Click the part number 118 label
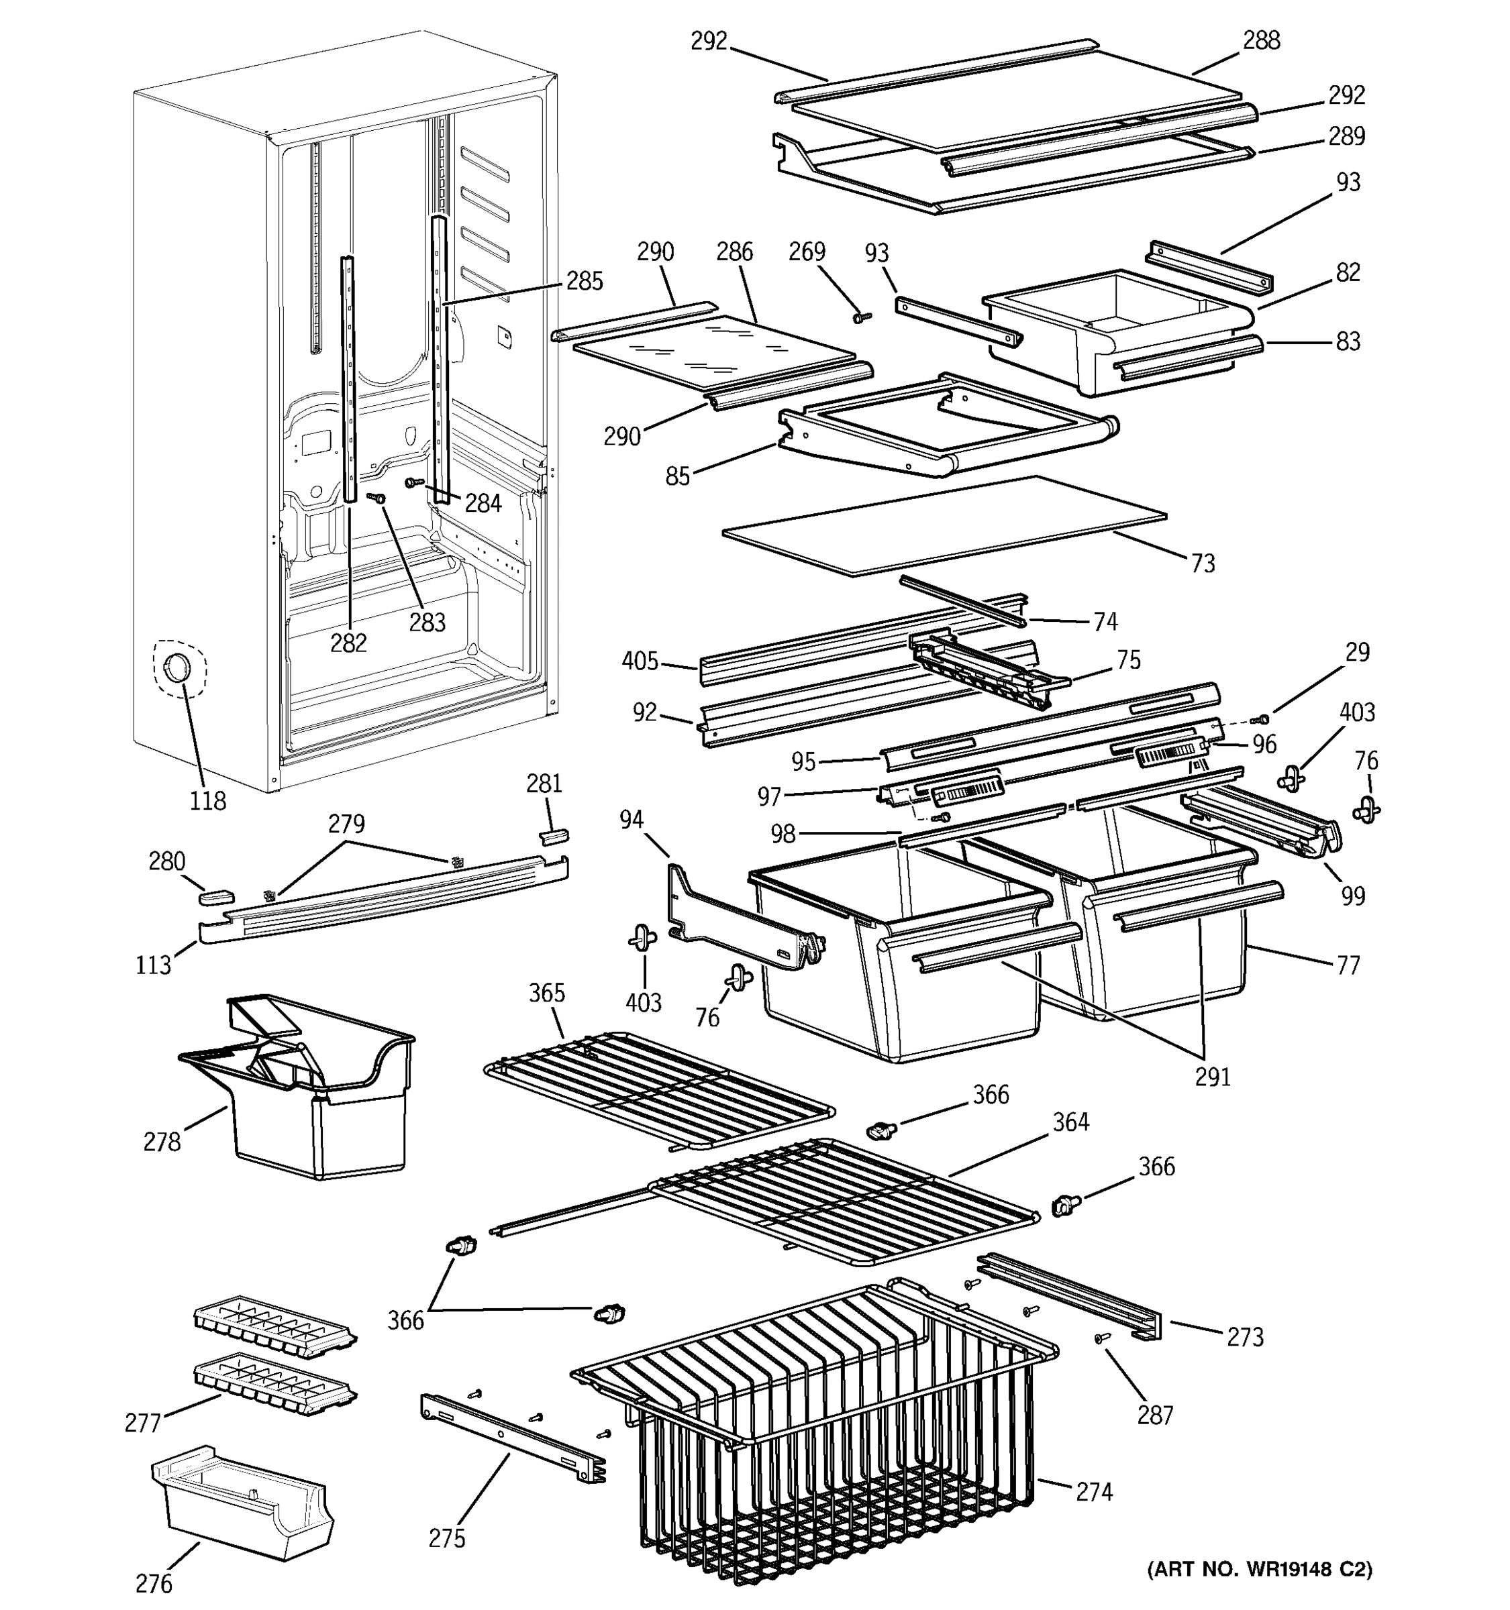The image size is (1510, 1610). pyautogui.click(x=207, y=800)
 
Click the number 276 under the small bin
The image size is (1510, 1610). pyautogui.click(x=154, y=1582)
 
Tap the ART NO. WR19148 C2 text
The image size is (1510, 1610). pyautogui.click(x=1259, y=1570)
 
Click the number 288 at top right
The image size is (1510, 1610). pyautogui.click(x=1261, y=40)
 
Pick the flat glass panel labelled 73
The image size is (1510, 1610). pyautogui.click(x=944, y=527)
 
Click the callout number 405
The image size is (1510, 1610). pyautogui.click(x=640, y=661)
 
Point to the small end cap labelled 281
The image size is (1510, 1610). pyautogui.click(x=554, y=836)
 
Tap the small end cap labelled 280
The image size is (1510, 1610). pyautogui.click(x=216, y=896)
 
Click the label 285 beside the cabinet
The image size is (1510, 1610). pyautogui.click(x=584, y=281)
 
